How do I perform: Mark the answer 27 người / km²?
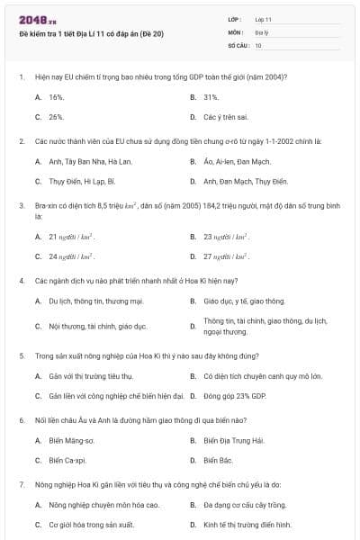point(226,256)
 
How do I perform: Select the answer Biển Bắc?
point(218,461)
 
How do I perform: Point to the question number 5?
point(21,355)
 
